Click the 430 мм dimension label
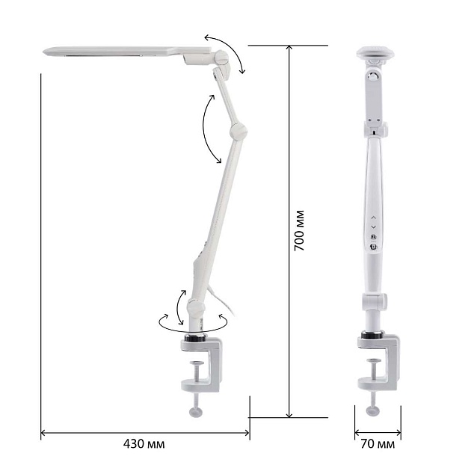144,443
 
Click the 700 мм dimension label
299,231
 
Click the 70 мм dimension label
378,443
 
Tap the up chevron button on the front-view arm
373,217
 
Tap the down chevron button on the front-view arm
373,227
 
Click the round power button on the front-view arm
373,247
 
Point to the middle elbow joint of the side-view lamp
238,131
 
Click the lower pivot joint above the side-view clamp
196,307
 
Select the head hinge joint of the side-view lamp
221,58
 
